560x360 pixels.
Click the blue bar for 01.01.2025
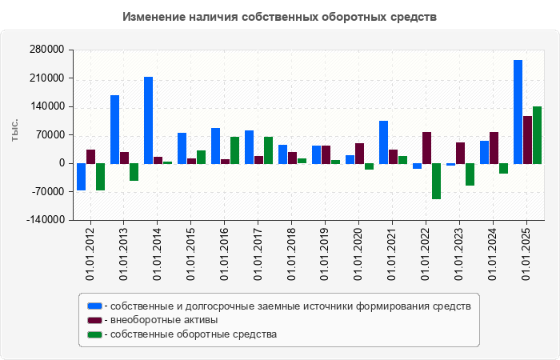click(x=518, y=112)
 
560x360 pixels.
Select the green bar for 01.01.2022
click(x=437, y=182)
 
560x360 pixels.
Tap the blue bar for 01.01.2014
click(x=149, y=120)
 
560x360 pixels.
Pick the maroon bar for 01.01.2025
click(x=528, y=140)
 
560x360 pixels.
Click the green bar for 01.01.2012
click(x=101, y=177)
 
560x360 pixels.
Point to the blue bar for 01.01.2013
click(x=115, y=130)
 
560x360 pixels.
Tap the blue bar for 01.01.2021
click(x=384, y=142)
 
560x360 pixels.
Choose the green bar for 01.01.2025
click(x=538, y=135)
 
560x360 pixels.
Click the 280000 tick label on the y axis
click(x=46, y=50)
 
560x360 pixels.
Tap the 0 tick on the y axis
click(x=61, y=163)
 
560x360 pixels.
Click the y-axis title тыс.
click(x=14, y=130)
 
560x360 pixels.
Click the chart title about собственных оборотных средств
click(x=280, y=17)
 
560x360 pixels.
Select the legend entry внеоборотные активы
click(x=163, y=320)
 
